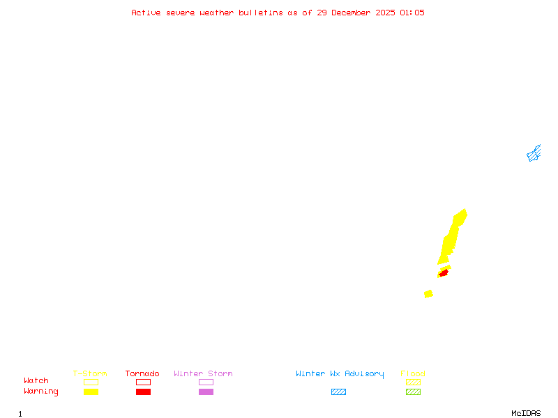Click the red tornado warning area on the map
[x=444, y=272]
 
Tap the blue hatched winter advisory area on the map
[x=534, y=154]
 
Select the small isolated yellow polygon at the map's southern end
[x=428, y=294]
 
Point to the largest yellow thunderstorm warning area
[x=452, y=237]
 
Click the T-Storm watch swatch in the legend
[x=91, y=382]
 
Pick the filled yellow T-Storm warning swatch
[x=91, y=392]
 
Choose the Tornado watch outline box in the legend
[x=143, y=382]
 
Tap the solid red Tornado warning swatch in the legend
[x=143, y=392]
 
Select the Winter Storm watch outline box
[x=206, y=382]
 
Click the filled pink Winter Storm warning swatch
[x=206, y=392]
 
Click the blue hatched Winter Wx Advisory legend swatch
[x=338, y=392]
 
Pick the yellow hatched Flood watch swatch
[x=413, y=382]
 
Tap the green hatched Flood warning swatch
[x=413, y=392]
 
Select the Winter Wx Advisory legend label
[x=340, y=374]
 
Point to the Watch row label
[x=36, y=381]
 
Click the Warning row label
[x=41, y=392]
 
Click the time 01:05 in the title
[x=412, y=13]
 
